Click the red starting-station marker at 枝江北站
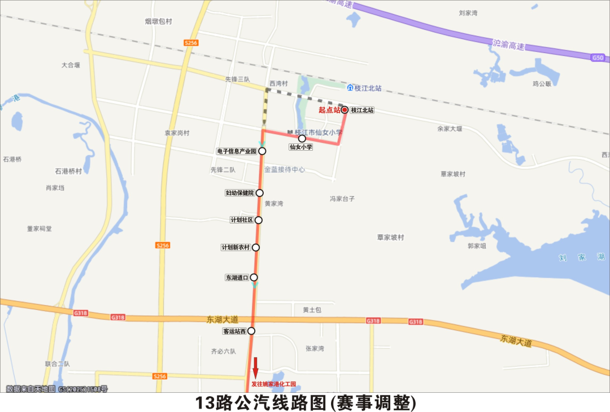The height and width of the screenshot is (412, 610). point(345,110)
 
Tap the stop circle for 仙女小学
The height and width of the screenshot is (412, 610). point(302,138)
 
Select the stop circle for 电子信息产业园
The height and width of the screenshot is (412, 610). point(262,151)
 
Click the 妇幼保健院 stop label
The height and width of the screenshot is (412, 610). point(239,193)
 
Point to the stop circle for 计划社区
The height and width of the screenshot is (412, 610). point(259,220)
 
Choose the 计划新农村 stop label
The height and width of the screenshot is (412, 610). point(235,248)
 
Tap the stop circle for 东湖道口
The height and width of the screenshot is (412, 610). point(254,277)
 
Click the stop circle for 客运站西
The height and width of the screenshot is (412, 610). point(251,331)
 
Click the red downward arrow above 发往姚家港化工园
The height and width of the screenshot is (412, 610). point(255,367)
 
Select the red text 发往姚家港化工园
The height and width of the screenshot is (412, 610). point(274,385)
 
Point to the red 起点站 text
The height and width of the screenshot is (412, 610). point(329,110)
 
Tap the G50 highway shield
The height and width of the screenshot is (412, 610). point(598,58)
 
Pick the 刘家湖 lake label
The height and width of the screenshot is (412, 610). point(581,257)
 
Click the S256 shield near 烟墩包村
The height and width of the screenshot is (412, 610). point(191,43)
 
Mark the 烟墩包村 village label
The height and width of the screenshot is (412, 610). point(158,21)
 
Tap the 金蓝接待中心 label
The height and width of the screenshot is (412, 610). point(285,169)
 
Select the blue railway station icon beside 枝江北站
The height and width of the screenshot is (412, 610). point(350,88)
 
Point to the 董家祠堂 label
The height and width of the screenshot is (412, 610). point(39,229)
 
